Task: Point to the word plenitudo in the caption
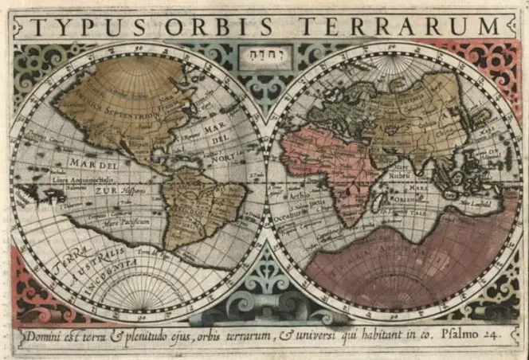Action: click(x=147, y=336)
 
